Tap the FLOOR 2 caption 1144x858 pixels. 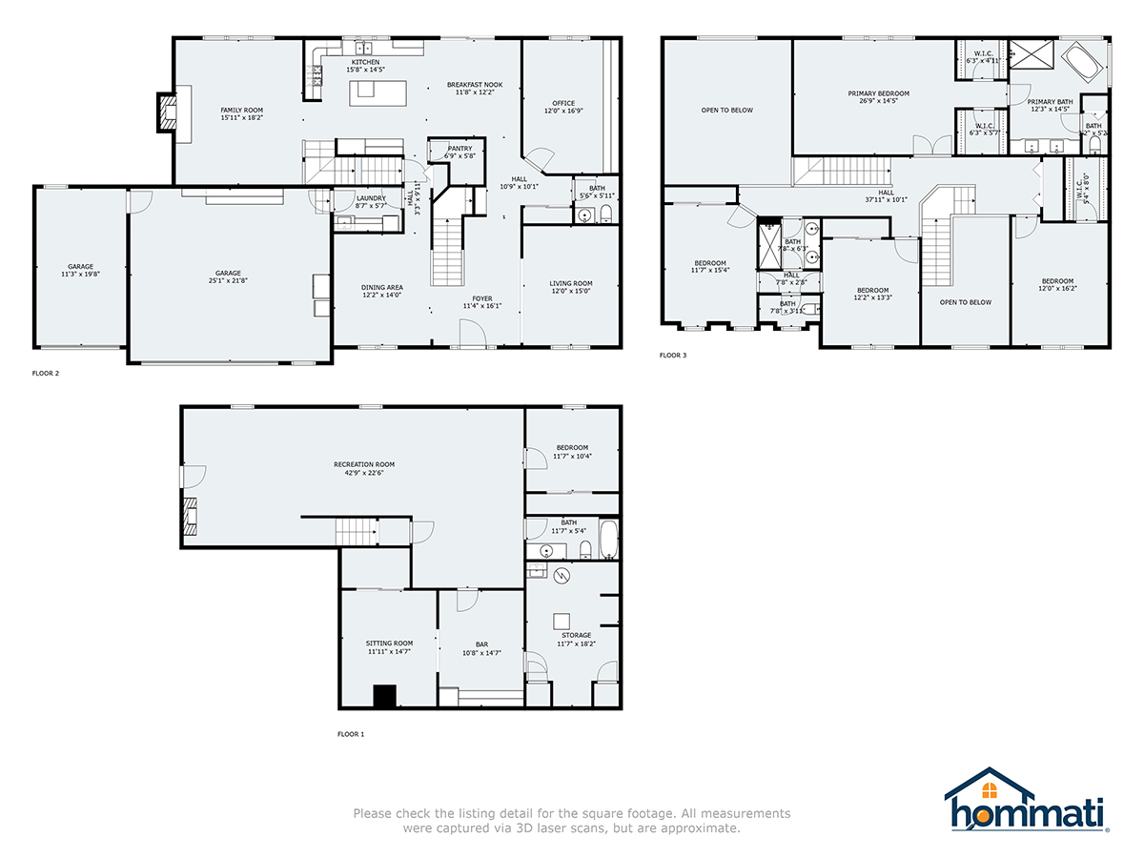pyautogui.click(x=46, y=374)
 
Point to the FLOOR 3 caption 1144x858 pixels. pyautogui.click(x=673, y=356)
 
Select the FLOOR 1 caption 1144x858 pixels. pyautogui.click(x=351, y=734)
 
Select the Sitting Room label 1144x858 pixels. pyautogui.click(x=390, y=647)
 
